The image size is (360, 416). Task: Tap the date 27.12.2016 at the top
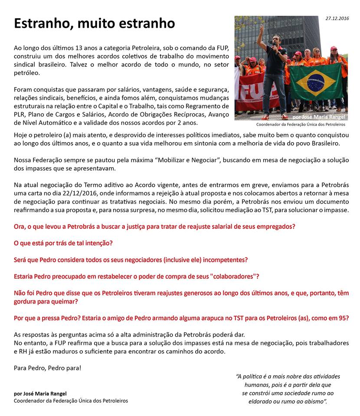(337, 19)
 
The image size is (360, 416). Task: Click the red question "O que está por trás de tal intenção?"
(63, 243)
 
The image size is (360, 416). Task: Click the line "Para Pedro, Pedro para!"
(47, 368)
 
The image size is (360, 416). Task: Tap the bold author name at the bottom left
(40, 393)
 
